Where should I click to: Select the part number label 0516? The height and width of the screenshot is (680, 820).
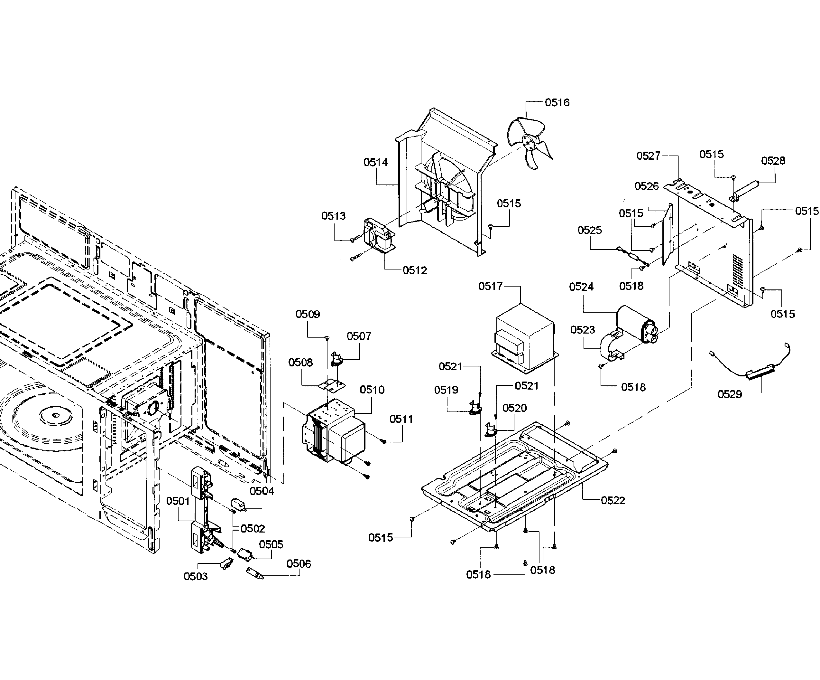tap(557, 102)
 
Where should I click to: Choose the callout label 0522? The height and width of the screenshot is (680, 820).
tap(613, 500)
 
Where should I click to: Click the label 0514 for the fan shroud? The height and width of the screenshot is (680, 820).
tap(376, 162)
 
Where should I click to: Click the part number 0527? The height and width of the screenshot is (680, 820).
tap(648, 156)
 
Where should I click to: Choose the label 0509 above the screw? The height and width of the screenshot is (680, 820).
tap(308, 314)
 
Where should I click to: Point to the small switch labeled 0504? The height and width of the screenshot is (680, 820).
tap(238, 504)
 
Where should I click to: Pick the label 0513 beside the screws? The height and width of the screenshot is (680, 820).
tap(334, 216)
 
